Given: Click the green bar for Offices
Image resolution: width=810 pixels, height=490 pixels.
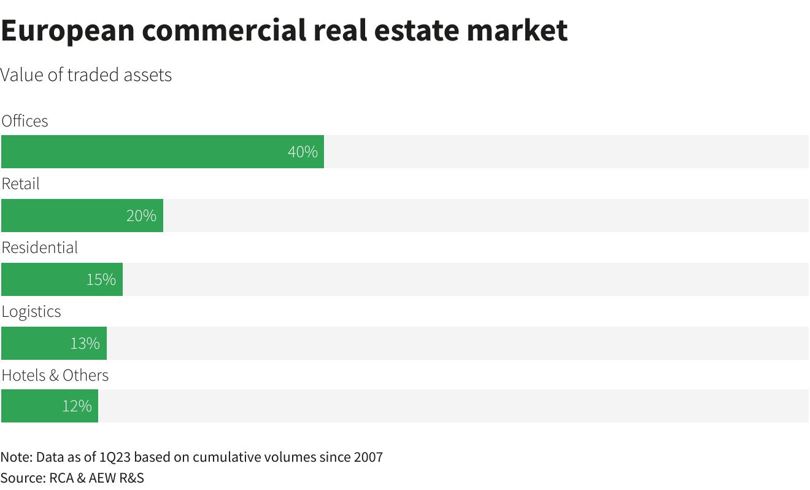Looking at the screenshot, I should (x=162, y=152).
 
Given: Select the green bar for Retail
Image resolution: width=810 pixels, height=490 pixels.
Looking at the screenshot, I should (x=82, y=216).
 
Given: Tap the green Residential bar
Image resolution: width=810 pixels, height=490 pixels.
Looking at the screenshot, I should (x=61, y=279).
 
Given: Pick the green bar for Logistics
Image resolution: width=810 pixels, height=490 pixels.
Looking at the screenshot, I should (x=53, y=343).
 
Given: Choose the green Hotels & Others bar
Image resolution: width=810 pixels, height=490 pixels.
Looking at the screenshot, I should (x=49, y=406).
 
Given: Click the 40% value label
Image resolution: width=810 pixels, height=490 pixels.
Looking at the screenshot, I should (x=303, y=152).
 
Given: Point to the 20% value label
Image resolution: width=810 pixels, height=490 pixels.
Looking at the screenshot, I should (x=141, y=216).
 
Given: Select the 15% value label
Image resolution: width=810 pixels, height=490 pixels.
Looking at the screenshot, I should (x=101, y=279).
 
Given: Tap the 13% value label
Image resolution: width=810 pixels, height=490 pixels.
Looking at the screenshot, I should (x=85, y=343).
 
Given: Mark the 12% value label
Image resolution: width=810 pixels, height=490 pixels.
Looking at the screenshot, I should (x=77, y=406).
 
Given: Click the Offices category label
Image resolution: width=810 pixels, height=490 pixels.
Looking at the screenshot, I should (x=25, y=121).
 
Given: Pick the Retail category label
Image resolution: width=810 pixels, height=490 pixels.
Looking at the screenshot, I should (x=20, y=184).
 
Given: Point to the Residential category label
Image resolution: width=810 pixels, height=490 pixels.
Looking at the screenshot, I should (x=40, y=247).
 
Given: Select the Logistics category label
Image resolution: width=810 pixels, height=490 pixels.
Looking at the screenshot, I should (x=31, y=311).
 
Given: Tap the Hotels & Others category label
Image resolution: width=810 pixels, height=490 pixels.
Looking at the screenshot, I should (x=55, y=375).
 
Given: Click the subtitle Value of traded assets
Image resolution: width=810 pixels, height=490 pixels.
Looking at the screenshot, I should (x=86, y=75).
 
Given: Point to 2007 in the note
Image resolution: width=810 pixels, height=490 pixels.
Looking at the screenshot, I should (x=368, y=457).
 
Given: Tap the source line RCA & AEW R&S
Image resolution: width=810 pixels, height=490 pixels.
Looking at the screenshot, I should (x=95, y=478).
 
